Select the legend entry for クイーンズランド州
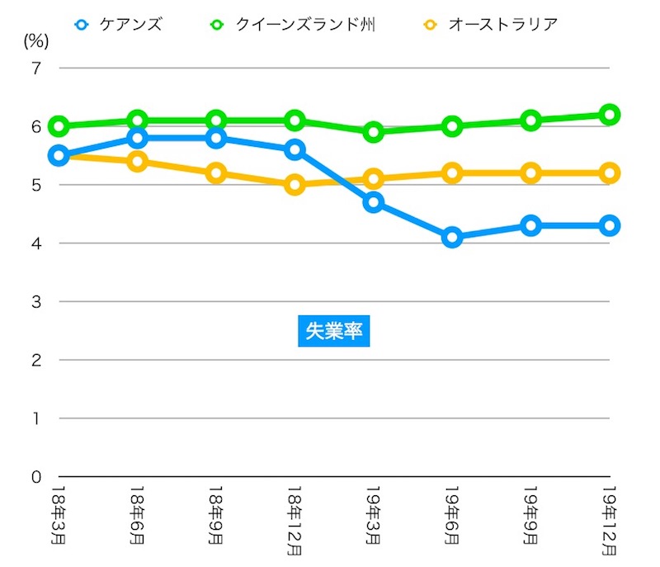[x=294, y=24]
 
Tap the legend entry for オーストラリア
[x=490, y=24]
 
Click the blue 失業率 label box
[x=332, y=331]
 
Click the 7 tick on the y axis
[x=35, y=69]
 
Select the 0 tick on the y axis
[x=35, y=477]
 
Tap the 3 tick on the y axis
[x=35, y=302]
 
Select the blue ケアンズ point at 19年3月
[x=374, y=202]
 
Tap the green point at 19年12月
[x=610, y=115]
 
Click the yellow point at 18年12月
[x=295, y=185]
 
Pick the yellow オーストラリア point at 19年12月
[x=610, y=173]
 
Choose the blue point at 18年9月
[x=216, y=138]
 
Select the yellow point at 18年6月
[x=137, y=162]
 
